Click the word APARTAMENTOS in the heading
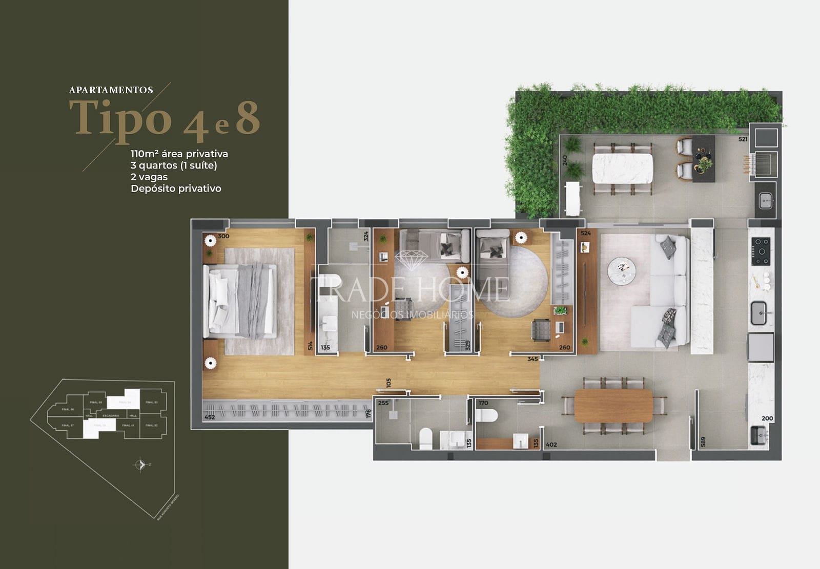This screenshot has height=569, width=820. pos(111,90)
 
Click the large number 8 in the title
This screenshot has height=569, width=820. pos(248,118)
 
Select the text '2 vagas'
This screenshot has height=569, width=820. pos(149,177)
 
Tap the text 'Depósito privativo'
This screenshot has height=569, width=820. pos(176,188)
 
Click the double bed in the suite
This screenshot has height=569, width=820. pos(241,301)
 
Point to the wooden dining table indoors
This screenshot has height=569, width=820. pos(613,406)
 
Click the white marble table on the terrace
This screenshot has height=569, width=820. pos(622,168)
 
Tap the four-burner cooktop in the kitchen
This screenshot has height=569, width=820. pos(760,251)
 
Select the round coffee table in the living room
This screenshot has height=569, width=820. pos(622,270)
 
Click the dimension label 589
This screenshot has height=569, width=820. pos(703,441)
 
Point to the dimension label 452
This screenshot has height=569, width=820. pos(210,417)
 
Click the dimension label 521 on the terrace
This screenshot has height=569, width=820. pos(743,139)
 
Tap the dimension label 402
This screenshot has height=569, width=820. pos(551,445)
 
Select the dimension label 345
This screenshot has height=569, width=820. pos(532,359)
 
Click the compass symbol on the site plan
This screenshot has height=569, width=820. pos(140,465)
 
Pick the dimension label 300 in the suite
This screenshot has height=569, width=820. pos(223,236)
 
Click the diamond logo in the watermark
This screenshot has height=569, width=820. pos(411,260)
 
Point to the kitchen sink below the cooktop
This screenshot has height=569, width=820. pos(758,313)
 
